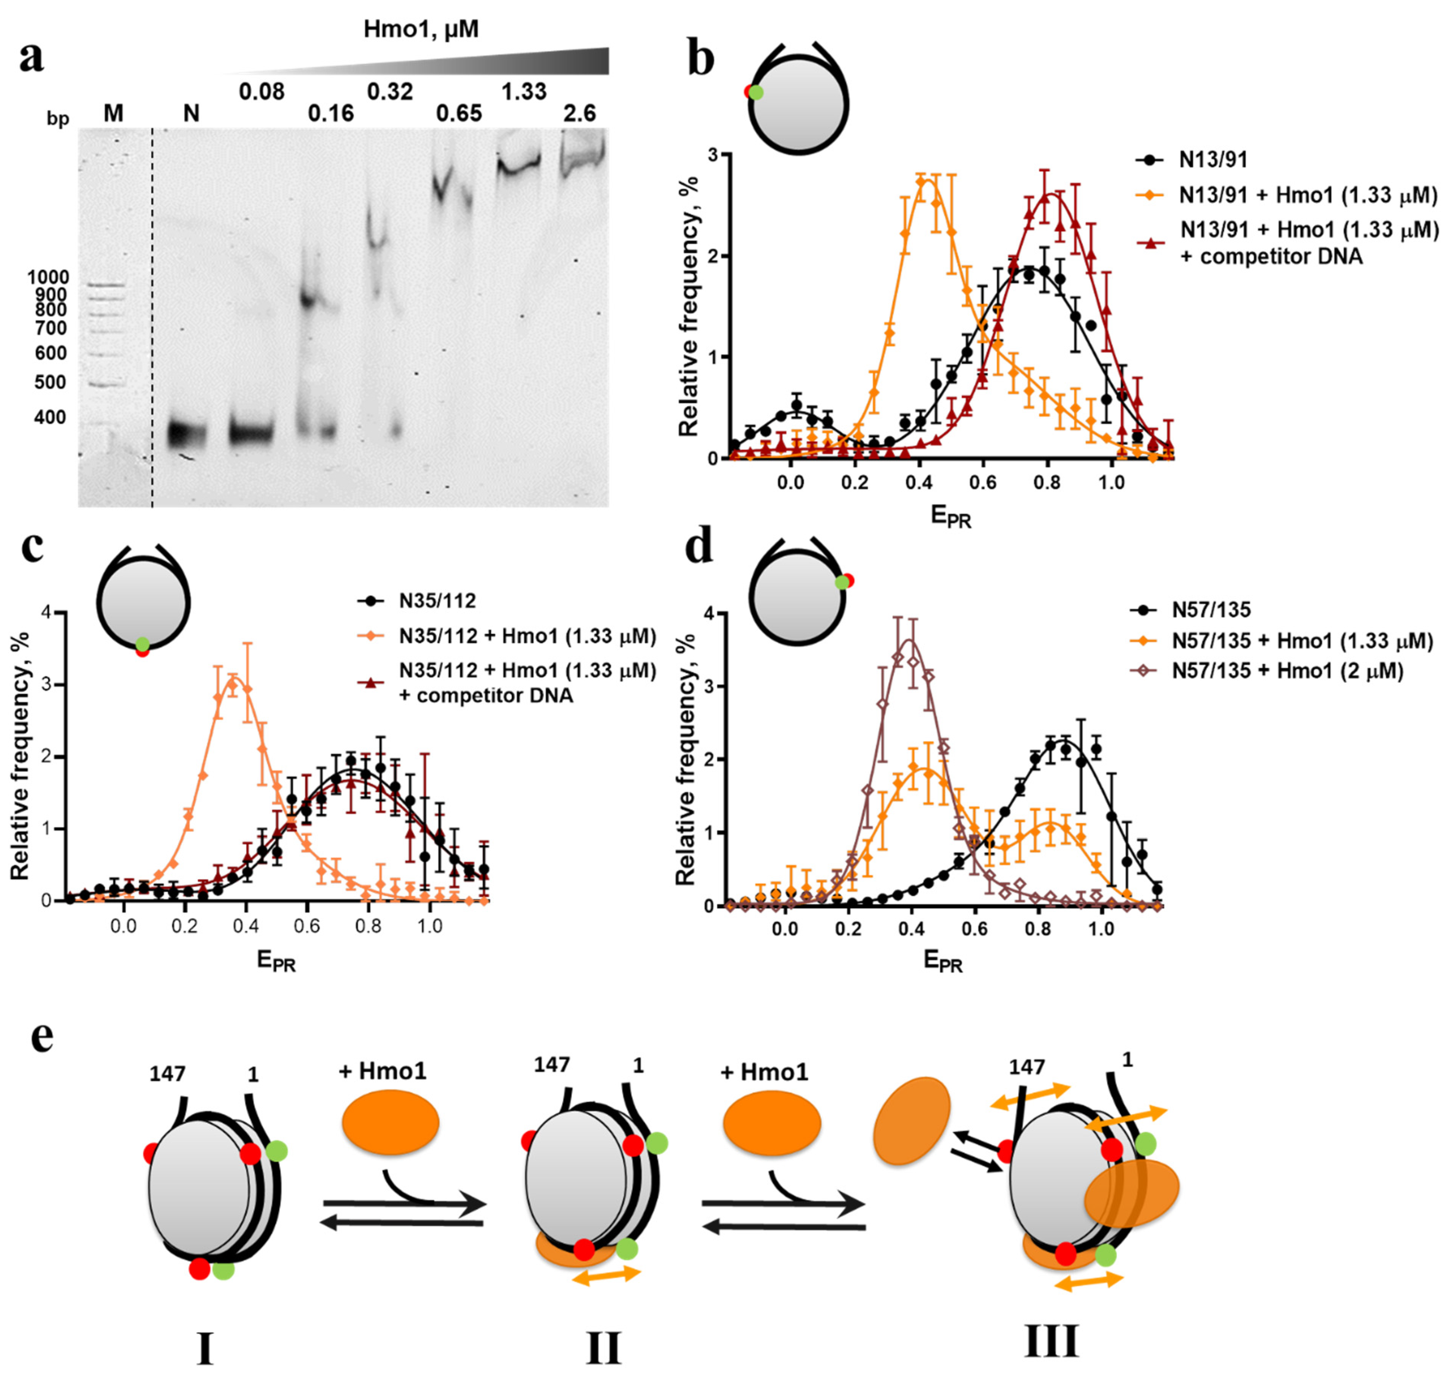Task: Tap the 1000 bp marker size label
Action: click(x=49, y=277)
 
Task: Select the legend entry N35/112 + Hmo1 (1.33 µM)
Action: click(x=527, y=636)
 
